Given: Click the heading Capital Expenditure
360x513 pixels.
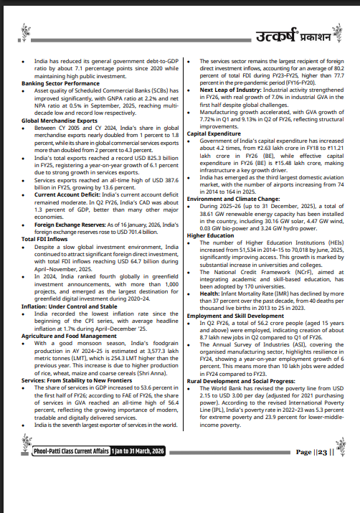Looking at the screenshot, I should coord(214,133).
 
